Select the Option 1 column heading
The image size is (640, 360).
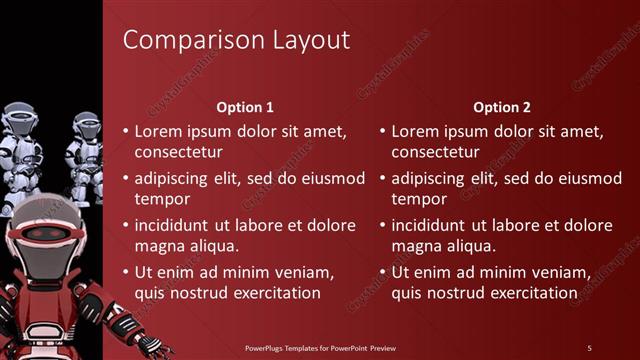click(245, 107)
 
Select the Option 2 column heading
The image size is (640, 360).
click(502, 107)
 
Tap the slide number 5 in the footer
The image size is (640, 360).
click(589, 347)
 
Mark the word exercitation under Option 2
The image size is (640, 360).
click(529, 294)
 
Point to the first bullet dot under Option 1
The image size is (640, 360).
click(125, 132)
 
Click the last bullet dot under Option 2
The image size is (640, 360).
click(382, 272)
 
